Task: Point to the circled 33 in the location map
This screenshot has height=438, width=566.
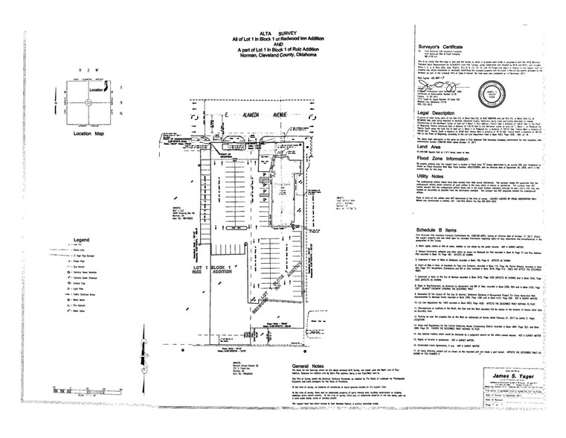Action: click(x=89, y=102)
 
